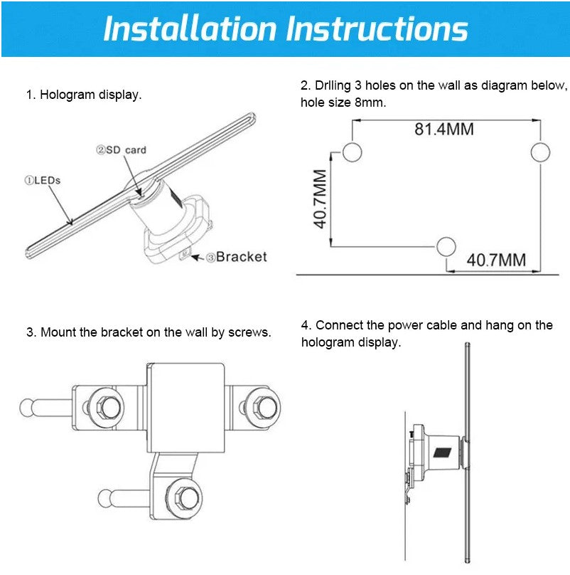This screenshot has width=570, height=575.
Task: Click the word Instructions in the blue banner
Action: (x=377, y=28)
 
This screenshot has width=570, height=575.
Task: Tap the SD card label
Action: (x=122, y=150)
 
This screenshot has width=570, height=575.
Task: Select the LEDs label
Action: (x=43, y=180)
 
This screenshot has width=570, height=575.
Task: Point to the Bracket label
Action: (x=237, y=257)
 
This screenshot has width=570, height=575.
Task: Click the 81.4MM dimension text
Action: (x=444, y=129)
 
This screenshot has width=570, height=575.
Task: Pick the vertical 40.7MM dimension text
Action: (x=320, y=199)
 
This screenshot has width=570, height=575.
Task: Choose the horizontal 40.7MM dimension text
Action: (x=496, y=260)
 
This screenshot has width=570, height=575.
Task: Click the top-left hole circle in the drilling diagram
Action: (x=353, y=152)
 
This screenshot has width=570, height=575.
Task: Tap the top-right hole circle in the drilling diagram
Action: (x=540, y=152)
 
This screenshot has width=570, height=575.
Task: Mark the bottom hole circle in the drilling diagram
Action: (x=446, y=246)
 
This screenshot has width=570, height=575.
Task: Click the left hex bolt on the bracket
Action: (x=108, y=407)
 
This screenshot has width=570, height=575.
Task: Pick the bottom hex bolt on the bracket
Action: (x=187, y=498)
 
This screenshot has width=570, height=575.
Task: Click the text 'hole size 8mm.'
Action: (x=343, y=102)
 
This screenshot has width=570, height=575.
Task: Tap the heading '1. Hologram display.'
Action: (x=84, y=95)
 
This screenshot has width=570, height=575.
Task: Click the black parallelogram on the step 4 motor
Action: (x=443, y=453)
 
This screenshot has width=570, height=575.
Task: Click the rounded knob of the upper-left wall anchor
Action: (x=26, y=408)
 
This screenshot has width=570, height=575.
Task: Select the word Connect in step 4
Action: (x=339, y=325)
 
